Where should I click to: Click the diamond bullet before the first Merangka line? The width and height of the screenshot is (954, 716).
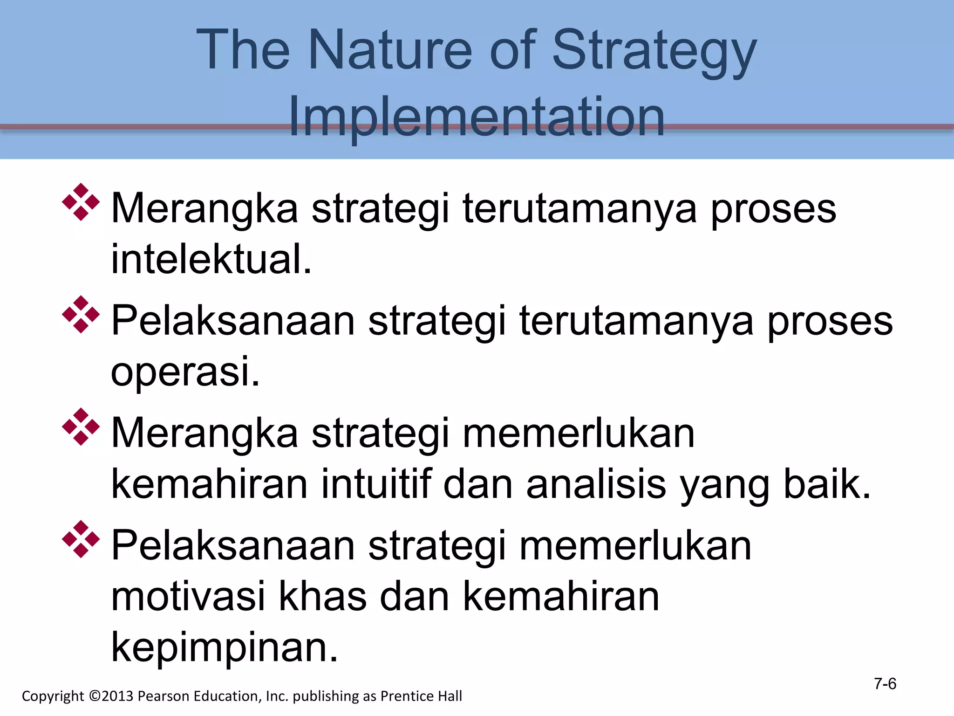pos(81,202)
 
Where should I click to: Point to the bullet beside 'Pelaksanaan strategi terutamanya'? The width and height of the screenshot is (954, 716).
pos(81,315)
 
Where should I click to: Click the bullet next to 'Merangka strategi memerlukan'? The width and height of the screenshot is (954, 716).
pos(81,427)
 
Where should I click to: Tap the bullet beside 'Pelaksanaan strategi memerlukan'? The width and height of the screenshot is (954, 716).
pos(81,539)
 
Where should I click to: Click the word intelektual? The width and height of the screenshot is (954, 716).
pos(211,259)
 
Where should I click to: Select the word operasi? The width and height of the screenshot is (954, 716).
pos(185,372)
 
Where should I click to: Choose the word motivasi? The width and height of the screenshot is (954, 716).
pos(188,597)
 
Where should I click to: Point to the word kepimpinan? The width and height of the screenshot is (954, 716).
pos(224,648)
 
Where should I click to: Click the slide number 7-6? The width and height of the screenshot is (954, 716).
pos(885,684)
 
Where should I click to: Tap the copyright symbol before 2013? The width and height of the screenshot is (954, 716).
pos(95,696)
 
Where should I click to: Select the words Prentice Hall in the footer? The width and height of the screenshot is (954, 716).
pos(421,696)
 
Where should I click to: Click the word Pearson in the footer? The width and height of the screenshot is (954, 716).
pos(164,696)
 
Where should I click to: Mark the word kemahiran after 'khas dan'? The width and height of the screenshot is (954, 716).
pos(561,597)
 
